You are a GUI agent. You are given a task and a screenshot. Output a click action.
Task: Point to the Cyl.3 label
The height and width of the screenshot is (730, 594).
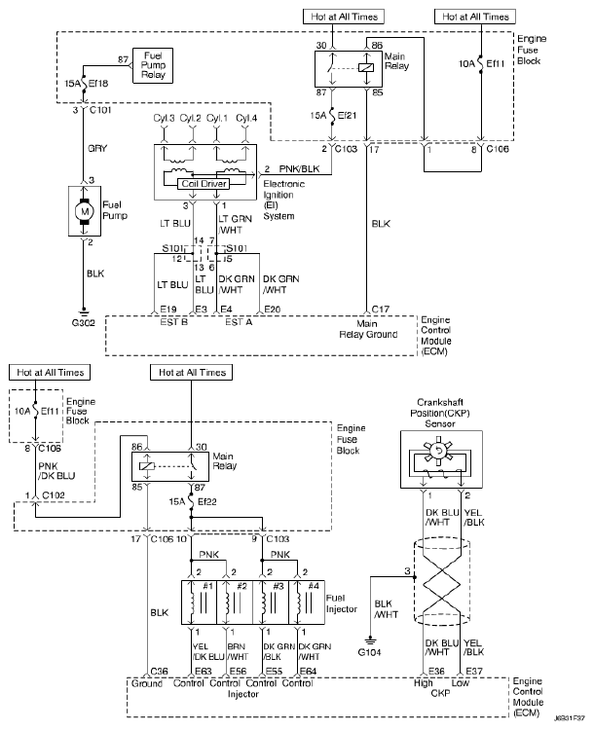(165, 118)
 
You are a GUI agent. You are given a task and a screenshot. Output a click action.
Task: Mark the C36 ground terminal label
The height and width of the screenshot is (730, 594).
(158, 672)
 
